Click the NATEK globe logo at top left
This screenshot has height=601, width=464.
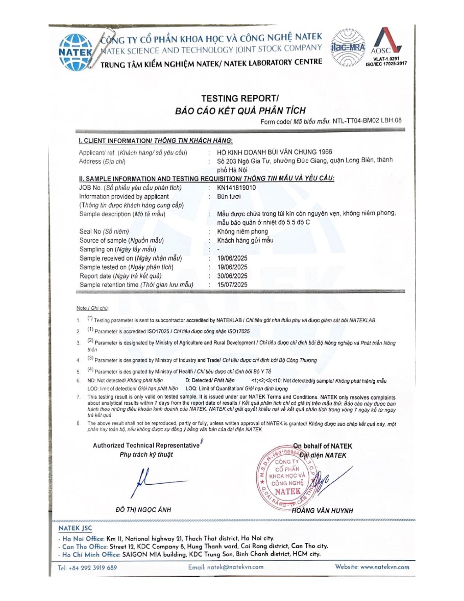tap(75, 52)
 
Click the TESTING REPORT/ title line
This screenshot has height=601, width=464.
tap(240, 98)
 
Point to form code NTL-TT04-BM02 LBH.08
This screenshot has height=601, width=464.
tap(367, 121)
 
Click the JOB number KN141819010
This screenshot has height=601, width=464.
tap(236, 187)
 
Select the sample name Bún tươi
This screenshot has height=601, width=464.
tap(229, 196)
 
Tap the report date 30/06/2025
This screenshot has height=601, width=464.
tap(232, 276)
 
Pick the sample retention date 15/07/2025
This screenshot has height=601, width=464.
tap(232, 285)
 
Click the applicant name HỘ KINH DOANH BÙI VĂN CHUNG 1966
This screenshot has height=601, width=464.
tap(274, 152)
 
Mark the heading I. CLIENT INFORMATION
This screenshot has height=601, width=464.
tap(156, 140)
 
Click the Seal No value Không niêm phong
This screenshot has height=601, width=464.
tap(242, 231)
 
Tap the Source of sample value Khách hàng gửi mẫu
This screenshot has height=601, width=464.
tap(245, 240)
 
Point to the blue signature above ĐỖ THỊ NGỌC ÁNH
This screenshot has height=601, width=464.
tap(156, 482)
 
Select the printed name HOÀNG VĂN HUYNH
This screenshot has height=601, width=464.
tap(322, 511)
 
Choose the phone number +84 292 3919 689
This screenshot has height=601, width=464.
tap(93, 568)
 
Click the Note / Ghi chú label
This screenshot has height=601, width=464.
tap(92, 308)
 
